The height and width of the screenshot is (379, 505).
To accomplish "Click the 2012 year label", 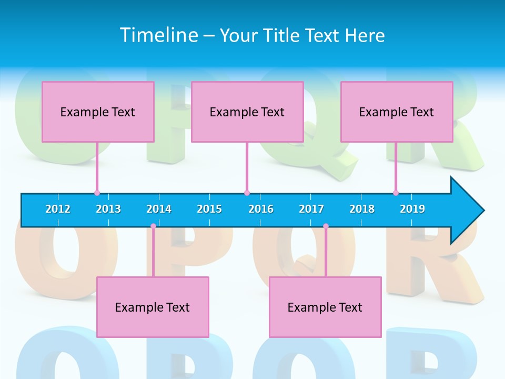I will coord(58,209).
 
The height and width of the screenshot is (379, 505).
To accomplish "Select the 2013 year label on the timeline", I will coord(108,209).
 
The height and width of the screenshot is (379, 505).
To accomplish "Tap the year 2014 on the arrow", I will coord(159,209).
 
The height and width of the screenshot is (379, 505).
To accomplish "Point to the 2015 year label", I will coord(209,209).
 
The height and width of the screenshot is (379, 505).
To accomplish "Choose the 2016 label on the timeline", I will coord(261,209).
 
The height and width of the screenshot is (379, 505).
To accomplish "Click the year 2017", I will coord(311,209).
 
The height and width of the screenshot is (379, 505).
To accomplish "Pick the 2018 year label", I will coord(362,209).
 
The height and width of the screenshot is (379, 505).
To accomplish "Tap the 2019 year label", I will coord(412,209).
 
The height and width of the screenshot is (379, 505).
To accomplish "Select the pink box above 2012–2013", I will coord(98,112).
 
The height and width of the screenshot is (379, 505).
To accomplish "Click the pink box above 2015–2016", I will coord(247,112).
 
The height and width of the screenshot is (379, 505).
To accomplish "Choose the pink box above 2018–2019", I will coord(397,112).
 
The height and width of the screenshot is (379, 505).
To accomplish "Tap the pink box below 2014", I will coord(153,307).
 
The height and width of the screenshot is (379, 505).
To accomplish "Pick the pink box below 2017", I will coord(325,307).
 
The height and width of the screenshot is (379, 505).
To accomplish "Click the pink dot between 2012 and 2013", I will coord(97,193).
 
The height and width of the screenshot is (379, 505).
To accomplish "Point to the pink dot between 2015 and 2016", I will coord(247,193).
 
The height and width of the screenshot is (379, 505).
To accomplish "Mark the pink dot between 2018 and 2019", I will coord(396,193).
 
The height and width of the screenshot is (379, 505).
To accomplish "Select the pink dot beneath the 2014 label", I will coord(153,226).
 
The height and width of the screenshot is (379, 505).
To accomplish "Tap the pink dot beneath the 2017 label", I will coord(326,226).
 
